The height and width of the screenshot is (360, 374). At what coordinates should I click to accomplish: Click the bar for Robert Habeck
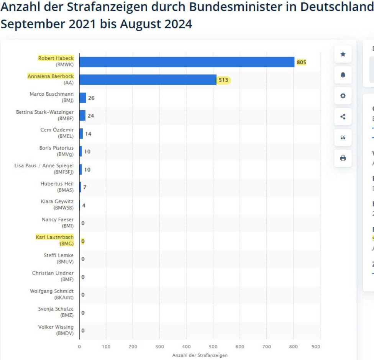pyautogui.click(x=187, y=62)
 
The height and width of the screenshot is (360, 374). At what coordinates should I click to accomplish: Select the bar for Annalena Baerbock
pyautogui.click(x=148, y=80)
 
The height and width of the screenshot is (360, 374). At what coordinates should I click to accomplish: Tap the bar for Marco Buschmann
pyautogui.click(x=82, y=98)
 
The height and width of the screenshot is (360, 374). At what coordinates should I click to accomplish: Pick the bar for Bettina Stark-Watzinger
pyautogui.click(x=82, y=115)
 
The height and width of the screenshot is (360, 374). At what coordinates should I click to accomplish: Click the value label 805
pyautogui.click(x=301, y=62)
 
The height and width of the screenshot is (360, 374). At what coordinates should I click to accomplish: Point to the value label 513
pyautogui.click(x=223, y=80)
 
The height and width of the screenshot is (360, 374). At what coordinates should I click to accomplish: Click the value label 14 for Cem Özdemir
pyautogui.click(x=88, y=134)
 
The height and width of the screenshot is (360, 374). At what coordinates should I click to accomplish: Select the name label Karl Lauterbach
pyautogui.click(x=54, y=237)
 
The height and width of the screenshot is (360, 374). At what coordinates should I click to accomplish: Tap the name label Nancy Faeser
pyautogui.click(x=57, y=219)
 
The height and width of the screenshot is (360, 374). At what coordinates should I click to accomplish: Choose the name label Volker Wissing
pyautogui.click(x=56, y=327)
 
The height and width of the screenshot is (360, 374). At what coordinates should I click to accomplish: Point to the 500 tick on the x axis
pyautogui.click(x=213, y=347)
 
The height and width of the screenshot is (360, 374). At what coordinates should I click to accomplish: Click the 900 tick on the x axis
pyautogui.click(x=316, y=347)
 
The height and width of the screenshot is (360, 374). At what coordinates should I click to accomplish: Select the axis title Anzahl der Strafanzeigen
pyautogui.click(x=200, y=355)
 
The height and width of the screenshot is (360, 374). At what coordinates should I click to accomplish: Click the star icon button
pyautogui.click(x=343, y=54)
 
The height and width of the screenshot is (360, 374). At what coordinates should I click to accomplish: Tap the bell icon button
pyautogui.click(x=343, y=75)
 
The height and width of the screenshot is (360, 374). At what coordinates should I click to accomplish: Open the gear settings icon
pyautogui.click(x=343, y=96)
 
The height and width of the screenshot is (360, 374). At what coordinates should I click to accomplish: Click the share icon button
pyautogui.click(x=343, y=116)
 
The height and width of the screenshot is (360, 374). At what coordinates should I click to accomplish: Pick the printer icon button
pyautogui.click(x=343, y=158)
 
